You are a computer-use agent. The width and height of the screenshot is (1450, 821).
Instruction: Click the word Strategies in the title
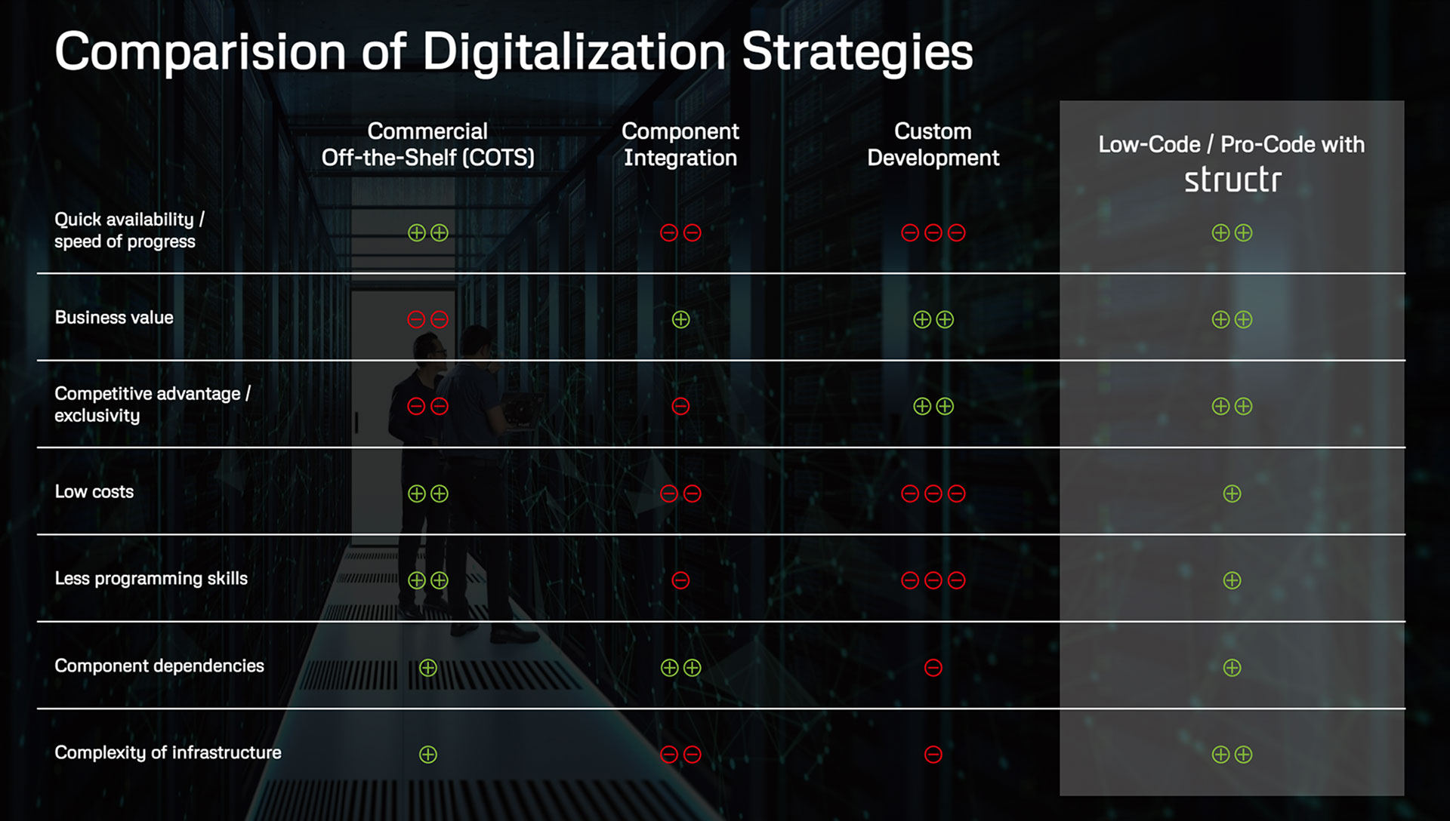(857, 53)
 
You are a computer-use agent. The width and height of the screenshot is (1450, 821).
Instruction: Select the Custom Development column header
(933, 144)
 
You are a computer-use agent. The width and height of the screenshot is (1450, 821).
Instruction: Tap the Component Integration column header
(680, 144)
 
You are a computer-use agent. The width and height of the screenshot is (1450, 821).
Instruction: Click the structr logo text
(1232, 180)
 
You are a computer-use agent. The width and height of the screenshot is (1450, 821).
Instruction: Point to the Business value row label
(114, 318)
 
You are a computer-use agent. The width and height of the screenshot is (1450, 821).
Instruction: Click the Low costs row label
(94, 492)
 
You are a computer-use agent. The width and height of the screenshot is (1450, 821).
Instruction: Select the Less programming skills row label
(151, 579)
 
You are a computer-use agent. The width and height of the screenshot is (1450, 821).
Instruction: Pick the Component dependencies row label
(159, 666)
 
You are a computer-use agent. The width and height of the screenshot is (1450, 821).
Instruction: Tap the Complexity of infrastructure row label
(168, 752)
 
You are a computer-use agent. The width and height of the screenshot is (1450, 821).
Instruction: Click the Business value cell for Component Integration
(680, 320)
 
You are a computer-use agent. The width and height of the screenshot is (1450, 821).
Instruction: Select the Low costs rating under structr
(1232, 494)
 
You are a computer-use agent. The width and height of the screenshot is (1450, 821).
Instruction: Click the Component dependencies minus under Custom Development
(933, 668)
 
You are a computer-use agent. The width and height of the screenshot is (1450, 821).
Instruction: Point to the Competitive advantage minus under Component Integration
(680, 407)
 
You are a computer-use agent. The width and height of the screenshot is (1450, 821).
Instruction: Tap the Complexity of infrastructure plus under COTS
(428, 755)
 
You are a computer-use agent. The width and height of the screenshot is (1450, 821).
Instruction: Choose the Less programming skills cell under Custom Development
(933, 580)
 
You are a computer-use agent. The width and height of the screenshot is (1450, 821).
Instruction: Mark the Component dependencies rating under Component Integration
(680, 668)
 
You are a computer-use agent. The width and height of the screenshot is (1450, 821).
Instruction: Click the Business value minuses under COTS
(427, 320)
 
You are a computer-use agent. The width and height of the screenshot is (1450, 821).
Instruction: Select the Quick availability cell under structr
(1232, 233)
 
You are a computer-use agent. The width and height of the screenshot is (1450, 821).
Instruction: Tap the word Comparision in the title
(200, 53)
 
